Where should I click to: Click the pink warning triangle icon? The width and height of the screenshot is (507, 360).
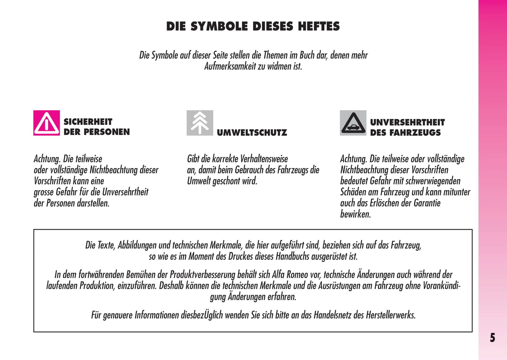click(x=47, y=123)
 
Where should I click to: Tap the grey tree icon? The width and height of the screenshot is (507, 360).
click(x=200, y=123)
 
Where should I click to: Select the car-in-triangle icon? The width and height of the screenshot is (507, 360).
click(x=353, y=123)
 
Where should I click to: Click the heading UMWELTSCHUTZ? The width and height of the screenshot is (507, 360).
click(x=252, y=133)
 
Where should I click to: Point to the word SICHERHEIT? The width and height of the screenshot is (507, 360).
click(x=88, y=122)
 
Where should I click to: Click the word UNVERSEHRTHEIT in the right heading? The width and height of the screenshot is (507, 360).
click(x=407, y=122)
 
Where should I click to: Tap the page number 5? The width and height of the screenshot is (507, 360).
click(x=493, y=338)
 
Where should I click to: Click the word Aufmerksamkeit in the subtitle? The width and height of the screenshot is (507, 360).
click(x=230, y=66)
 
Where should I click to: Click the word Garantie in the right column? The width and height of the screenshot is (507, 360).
click(x=427, y=203)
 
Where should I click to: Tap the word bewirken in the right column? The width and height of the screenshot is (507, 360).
click(x=355, y=214)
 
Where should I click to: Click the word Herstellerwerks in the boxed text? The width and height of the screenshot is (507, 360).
click(x=391, y=315)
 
